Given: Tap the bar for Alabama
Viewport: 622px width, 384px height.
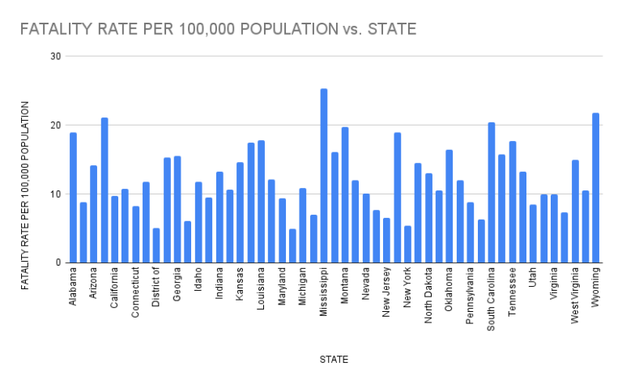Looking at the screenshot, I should [73, 198].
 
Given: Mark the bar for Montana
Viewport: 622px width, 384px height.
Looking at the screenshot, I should [345, 195].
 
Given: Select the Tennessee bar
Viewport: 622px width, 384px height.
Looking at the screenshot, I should [513, 202].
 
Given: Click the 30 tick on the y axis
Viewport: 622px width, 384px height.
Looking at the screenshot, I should [55, 57].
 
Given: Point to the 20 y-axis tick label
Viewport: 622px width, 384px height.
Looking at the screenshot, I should [55, 126].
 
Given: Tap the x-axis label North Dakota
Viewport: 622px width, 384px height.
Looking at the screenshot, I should [428, 295].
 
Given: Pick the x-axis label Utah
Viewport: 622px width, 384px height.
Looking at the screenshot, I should [534, 279].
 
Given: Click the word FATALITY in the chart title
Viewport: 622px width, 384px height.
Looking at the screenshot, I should [54, 30].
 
